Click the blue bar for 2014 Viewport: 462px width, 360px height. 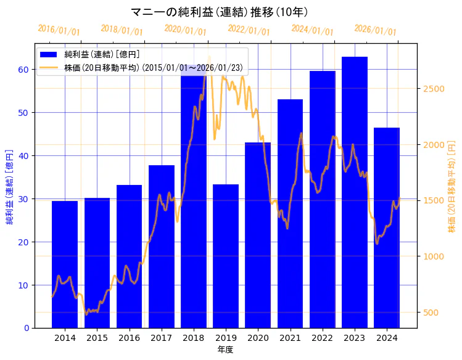point(65,265)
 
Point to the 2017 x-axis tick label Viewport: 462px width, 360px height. point(161,338)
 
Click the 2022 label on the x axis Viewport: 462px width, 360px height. point(322,338)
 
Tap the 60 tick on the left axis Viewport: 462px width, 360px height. point(23,70)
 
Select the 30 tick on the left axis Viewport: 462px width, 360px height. point(23,199)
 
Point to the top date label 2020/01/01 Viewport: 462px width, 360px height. point(185,30)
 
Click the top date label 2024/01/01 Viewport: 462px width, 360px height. point(312,30)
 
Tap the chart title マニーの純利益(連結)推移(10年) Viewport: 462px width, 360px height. point(220,12)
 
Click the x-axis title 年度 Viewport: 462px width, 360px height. point(225,350)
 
